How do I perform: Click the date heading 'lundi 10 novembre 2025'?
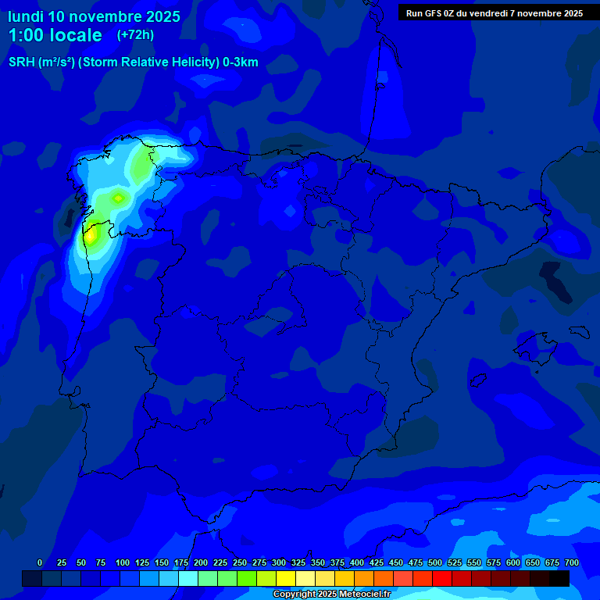click(x=94, y=16)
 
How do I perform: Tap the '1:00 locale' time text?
click(x=55, y=35)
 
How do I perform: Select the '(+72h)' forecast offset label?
click(x=135, y=34)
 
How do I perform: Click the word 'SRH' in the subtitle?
click(x=22, y=62)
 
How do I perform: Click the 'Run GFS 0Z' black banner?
click(x=494, y=12)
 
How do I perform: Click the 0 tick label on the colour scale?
click(x=40, y=562)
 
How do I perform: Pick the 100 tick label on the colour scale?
click(x=122, y=562)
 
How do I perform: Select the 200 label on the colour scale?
click(x=201, y=562)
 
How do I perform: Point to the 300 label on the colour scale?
click(x=279, y=562)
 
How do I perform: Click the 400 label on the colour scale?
click(x=357, y=562)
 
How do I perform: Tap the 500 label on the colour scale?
click(x=435, y=562)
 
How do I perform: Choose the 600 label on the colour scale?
click(x=513, y=562)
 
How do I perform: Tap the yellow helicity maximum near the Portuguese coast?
click(x=91, y=233)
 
